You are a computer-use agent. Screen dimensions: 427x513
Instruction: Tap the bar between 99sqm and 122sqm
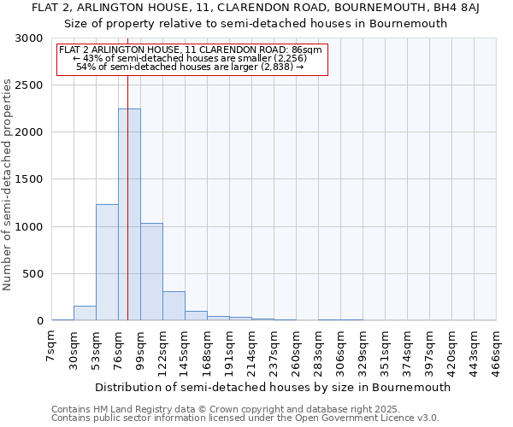click(151, 272)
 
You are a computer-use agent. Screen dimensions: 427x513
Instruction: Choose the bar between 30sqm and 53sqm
click(85, 313)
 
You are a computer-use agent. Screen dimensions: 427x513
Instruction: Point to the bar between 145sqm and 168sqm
click(196, 316)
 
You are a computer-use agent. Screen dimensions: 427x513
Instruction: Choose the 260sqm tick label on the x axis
click(296, 350)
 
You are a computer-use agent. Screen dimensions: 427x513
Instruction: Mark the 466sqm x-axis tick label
click(496, 350)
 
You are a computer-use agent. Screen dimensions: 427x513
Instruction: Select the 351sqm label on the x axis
click(385, 350)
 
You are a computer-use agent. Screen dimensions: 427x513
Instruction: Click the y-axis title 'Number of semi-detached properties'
click(9, 184)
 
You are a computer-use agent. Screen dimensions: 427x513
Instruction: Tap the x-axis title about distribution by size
click(273, 387)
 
